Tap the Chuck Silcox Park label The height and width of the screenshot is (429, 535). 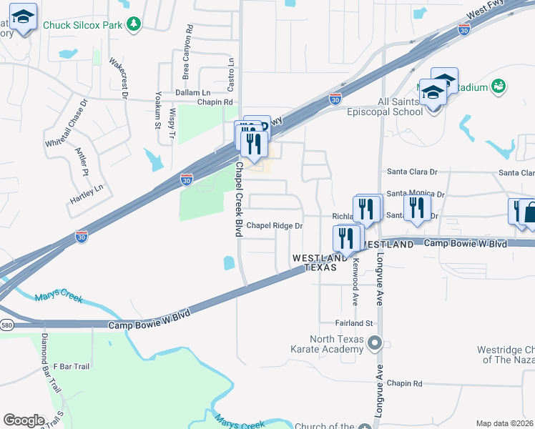[x=83, y=25]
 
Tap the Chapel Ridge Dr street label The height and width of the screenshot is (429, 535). [x=275, y=226]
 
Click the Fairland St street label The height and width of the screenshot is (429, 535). [x=355, y=323]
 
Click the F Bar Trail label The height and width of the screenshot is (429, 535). [x=71, y=366]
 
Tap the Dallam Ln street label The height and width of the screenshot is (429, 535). [x=194, y=93]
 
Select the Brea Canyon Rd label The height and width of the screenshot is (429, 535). [x=188, y=51]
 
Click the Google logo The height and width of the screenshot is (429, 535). [x=24, y=420]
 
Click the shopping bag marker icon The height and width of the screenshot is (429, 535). [x=530, y=212]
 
